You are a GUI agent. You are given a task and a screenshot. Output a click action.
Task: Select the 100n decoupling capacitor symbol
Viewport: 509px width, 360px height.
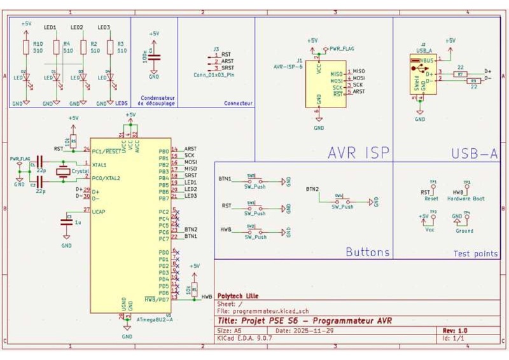154,57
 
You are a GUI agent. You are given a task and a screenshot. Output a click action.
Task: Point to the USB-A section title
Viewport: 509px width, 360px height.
475,153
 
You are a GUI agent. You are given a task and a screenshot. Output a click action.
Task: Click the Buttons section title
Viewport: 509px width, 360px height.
367,252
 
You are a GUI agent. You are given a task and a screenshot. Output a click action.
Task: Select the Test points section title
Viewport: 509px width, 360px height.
475,254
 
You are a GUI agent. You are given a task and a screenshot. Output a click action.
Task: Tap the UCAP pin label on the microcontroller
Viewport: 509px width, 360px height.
99,211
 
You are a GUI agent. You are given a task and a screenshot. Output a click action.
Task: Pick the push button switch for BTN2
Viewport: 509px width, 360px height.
341,201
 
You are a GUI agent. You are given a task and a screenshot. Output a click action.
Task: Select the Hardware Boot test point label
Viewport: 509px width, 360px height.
467,198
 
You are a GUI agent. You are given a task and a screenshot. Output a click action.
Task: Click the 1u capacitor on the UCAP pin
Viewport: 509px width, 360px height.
66,222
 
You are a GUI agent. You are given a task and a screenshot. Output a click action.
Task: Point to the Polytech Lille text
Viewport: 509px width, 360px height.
238,296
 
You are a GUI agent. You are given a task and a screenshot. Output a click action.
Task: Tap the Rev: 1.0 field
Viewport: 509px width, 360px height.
454,331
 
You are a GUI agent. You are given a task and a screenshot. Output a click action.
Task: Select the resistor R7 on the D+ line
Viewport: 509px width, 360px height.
460,74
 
